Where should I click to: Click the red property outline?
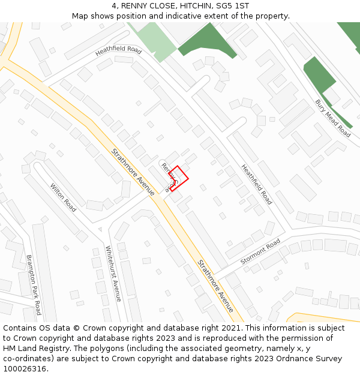tap(178, 178)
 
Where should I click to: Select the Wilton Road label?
tap(63, 197)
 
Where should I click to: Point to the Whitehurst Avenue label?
tap(113, 274)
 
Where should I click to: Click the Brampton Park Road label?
tap(34, 284)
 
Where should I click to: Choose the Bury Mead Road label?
tap(333, 118)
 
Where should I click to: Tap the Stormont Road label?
tap(260, 252)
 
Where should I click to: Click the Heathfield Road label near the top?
tap(118, 52)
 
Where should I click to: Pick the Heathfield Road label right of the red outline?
tap(257, 184)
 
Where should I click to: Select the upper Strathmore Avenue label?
tap(133, 172)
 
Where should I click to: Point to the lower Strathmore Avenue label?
tap(215, 286)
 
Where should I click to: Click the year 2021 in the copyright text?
tap(228, 328)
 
